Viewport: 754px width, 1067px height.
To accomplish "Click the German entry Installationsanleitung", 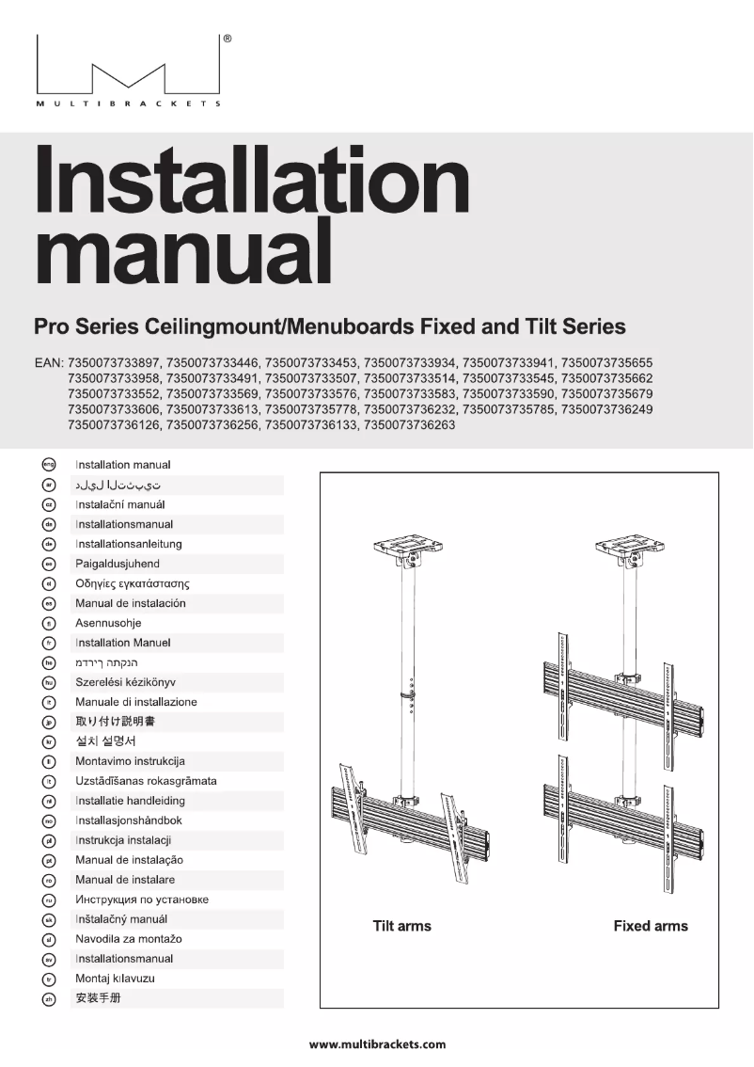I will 128,544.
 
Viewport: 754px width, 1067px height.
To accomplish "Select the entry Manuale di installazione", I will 135,702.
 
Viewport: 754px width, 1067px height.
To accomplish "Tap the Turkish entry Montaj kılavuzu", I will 115,979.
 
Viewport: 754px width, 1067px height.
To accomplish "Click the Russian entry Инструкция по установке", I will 141,900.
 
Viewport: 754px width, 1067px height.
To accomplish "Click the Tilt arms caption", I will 401,926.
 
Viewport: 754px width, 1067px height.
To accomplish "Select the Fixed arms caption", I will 651,926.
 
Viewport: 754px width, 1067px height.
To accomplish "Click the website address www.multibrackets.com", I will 377,1043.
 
